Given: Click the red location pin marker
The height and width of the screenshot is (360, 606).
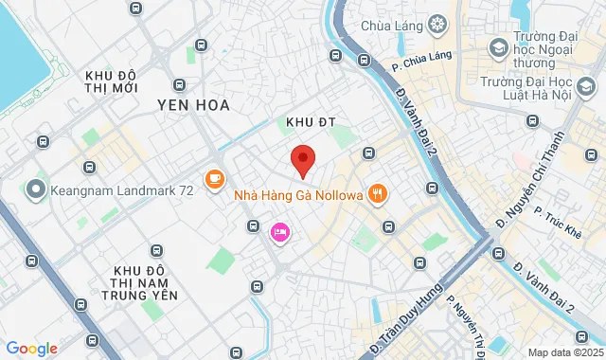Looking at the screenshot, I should (x=302, y=161).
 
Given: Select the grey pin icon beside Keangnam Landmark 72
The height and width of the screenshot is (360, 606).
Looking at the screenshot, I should (x=36, y=189).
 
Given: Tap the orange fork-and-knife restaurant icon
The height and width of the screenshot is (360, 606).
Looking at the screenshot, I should (x=378, y=195).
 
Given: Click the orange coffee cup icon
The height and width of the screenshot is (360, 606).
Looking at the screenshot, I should (x=215, y=176).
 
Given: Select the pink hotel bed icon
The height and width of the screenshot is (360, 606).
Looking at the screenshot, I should (x=280, y=231).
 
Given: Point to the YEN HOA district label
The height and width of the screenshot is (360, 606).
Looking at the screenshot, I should (x=193, y=105).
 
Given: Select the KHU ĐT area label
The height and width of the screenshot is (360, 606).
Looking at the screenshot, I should (x=306, y=121).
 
